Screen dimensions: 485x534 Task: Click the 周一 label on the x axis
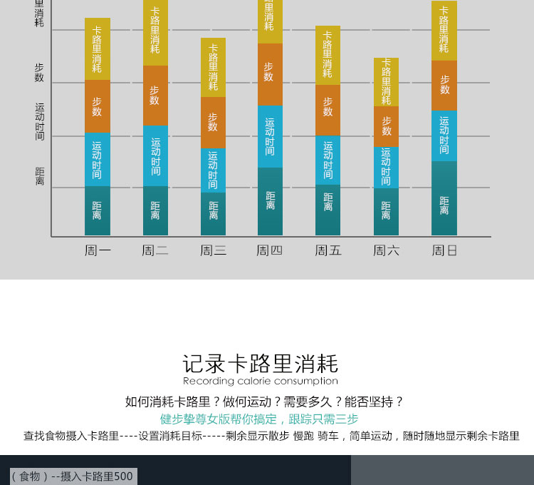click(98, 250)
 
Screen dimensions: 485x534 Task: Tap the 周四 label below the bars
click(270, 250)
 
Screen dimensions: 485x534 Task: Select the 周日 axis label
click(444, 250)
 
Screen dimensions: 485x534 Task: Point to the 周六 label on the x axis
click(386, 250)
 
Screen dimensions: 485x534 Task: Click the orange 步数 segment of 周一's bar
click(98, 106)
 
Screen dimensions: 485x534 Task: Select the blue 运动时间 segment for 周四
click(270, 136)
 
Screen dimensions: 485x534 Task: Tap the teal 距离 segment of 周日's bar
click(444, 198)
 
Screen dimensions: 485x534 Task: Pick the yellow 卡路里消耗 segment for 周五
click(328, 55)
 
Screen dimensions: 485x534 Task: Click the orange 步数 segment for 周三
click(213, 122)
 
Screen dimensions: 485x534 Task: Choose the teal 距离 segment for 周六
click(386, 211)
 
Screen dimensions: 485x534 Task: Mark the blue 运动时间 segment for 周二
click(155, 155)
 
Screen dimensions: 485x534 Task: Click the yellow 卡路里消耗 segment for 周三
click(213, 67)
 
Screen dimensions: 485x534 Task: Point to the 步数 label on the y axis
click(39, 72)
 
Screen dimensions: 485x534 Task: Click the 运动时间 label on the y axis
click(40, 121)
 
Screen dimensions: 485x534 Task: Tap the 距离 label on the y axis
click(40, 176)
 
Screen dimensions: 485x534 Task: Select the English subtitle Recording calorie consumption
click(260, 382)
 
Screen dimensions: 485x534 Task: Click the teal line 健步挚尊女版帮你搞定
click(259, 419)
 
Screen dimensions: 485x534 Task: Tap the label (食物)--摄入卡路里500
click(72, 476)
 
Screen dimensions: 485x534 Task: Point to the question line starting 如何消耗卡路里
click(264, 402)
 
